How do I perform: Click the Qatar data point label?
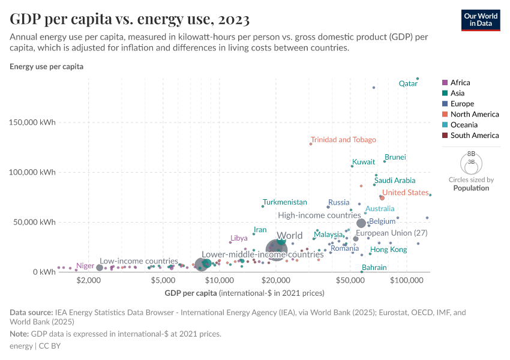408,84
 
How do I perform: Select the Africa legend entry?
460,83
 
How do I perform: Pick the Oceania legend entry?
464,125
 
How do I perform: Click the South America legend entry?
474,136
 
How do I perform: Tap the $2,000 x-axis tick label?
89,281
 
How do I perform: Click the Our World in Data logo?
481,19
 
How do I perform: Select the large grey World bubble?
277,249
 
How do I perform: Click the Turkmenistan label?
285,203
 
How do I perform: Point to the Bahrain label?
374,268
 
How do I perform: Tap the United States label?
406,193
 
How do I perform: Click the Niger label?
85,266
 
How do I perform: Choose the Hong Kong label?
388,250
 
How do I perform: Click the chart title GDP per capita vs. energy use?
130,19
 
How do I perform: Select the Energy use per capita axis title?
46,67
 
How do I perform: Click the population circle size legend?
471,163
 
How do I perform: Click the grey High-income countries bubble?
361,223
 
